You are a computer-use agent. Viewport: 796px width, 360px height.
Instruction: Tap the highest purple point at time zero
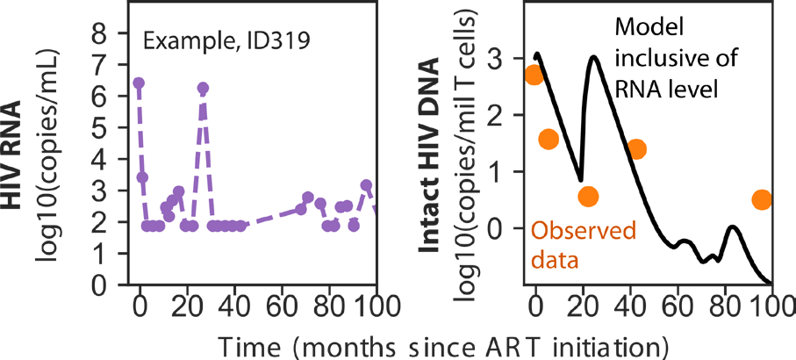(x=139, y=83)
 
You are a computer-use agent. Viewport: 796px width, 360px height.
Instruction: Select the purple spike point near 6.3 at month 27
(x=203, y=89)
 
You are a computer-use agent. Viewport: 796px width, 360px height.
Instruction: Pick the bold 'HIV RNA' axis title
(x=14, y=155)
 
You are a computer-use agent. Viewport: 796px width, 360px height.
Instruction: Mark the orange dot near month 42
(x=636, y=148)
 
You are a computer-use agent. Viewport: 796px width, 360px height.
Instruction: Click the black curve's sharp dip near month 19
(x=581, y=180)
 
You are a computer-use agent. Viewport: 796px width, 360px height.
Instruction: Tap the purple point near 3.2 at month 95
(x=367, y=184)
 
